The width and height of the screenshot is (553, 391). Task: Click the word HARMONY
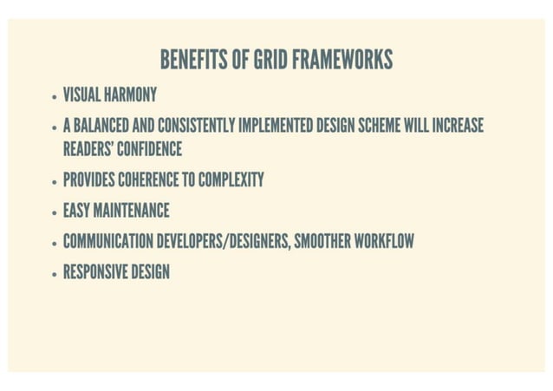tap(130, 94)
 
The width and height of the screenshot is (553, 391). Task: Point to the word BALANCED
tap(101, 126)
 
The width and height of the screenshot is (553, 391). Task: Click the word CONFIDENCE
tap(149, 149)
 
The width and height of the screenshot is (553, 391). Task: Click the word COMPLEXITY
tap(231, 180)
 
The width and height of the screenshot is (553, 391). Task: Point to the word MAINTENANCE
tap(131, 211)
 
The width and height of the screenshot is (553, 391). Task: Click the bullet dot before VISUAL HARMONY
tap(54, 96)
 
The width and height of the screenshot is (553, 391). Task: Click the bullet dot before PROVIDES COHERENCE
tap(54, 183)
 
